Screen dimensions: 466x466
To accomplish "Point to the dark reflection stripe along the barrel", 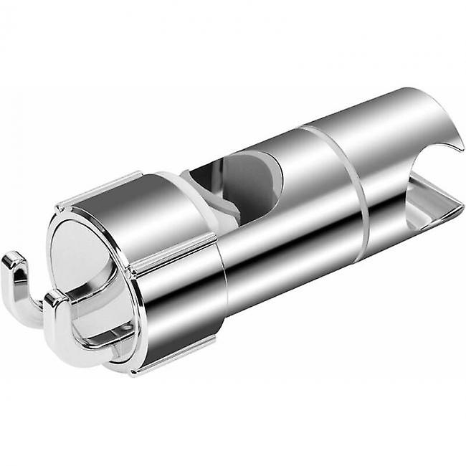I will tap(287, 237).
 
